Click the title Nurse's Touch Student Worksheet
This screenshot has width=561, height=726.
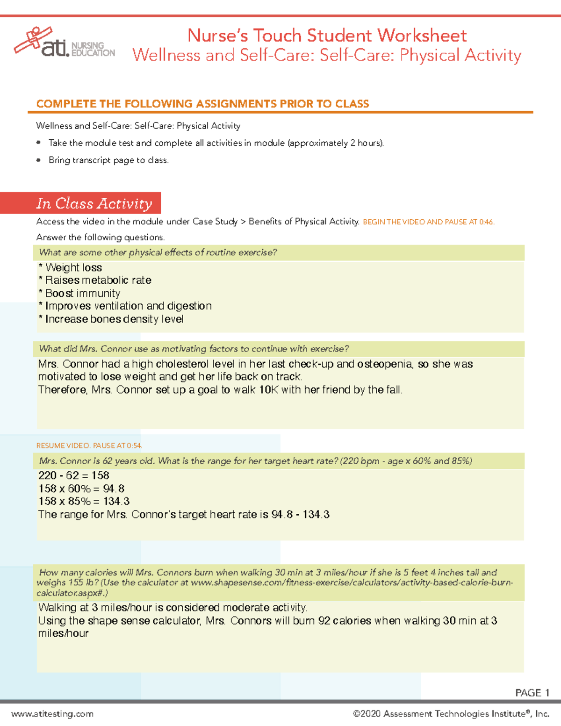click(327, 36)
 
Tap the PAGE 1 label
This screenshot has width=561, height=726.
click(532, 692)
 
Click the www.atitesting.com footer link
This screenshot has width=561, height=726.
click(52, 714)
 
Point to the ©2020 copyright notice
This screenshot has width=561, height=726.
click(451, 714)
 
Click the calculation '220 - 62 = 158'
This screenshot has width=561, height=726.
click(74, 475)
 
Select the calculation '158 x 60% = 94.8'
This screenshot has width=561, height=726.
click(81, 489)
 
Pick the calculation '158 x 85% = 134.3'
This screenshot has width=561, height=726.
click(84, 501)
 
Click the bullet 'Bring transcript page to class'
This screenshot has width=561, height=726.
click(108, 160)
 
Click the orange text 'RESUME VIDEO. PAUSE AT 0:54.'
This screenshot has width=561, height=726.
click(89, 446)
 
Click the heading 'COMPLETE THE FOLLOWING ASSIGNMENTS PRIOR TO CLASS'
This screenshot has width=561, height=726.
click(203, 104)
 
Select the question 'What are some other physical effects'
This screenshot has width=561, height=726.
click(158, 252)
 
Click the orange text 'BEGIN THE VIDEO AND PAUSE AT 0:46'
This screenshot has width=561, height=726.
click(428, 222)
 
